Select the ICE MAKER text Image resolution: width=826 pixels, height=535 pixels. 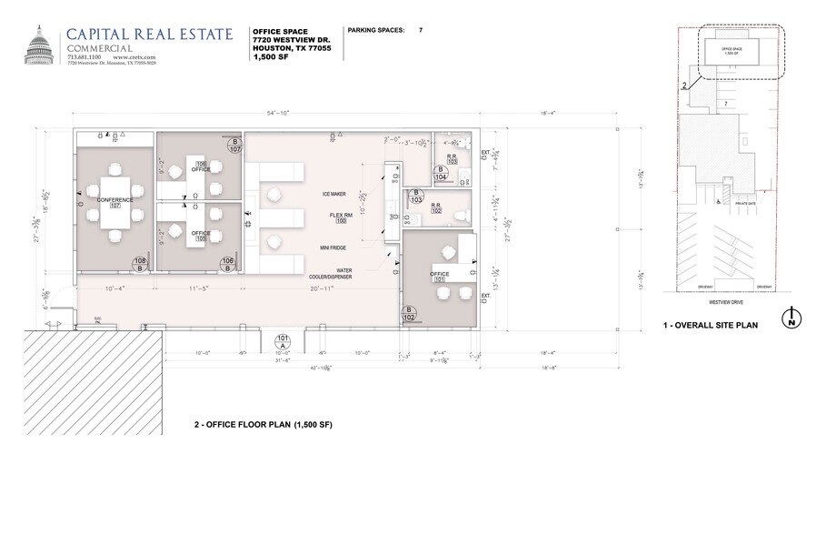(334, 194)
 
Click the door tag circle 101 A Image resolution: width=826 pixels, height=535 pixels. (282, 342)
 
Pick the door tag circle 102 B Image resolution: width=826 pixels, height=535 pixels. (410, 315)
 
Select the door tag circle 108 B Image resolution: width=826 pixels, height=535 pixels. (140, 265)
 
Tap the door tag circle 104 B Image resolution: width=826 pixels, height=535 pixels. (442, 172)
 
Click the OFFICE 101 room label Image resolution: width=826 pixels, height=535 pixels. (440, 277)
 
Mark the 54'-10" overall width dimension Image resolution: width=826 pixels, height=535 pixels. (274, 113)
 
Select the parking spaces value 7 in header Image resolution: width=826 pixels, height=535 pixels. (421, 30)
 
